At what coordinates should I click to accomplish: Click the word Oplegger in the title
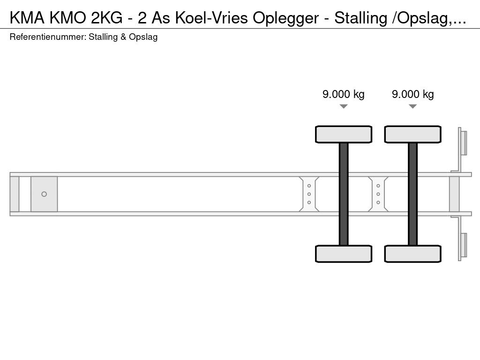pyautogui.click(x=285, y=18)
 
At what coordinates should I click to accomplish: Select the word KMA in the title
pyautogui.click(x=27, y=18)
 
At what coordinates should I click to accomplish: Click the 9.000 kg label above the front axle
pyautogui.click(x=344, y=94)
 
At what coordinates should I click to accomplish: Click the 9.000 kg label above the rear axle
pyautogui.click(x=412, y=94)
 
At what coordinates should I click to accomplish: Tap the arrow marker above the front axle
pyautogui.click(x=344, y=106)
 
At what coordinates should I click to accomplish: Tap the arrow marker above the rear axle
pyautogui.click(x=412, y=106)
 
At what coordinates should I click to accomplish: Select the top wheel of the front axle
pyautogui.click(x=344, y=134)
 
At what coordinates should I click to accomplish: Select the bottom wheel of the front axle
pyautogui.click(x=344, y=254)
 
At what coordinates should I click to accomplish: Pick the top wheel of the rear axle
pyautogui.click(x=412, y=134)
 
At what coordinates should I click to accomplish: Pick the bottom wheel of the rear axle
pyautogui.click(x=412, y=254)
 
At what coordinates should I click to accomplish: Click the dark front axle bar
pyautogui.click(x=344, y=194)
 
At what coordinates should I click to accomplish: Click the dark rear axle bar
pyautogui.click(x=412, y=194)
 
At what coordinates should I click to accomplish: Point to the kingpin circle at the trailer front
pyautogui.click(x=44, y=194)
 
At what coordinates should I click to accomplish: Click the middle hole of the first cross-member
pyautogui.click(x=309, y=194)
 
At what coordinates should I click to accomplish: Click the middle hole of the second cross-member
pyautogui.click(x=378, y=194)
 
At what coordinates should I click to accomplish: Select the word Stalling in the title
pyautogui.click(x=360, y=18)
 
